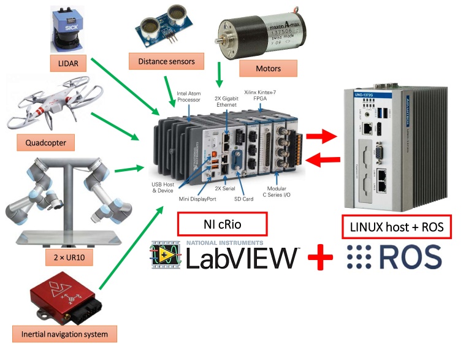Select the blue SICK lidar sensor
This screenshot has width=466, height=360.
tap(66, 31)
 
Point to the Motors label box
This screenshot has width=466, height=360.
tap(268, 67)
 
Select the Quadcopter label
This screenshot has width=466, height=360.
tap(45, 144)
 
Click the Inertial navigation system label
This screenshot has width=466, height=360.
tap(65, 334)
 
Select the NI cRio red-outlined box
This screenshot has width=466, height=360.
tap(223, 224)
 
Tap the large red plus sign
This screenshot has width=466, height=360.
tap(319, 258)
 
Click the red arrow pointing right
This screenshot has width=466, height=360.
tap(321, 135)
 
